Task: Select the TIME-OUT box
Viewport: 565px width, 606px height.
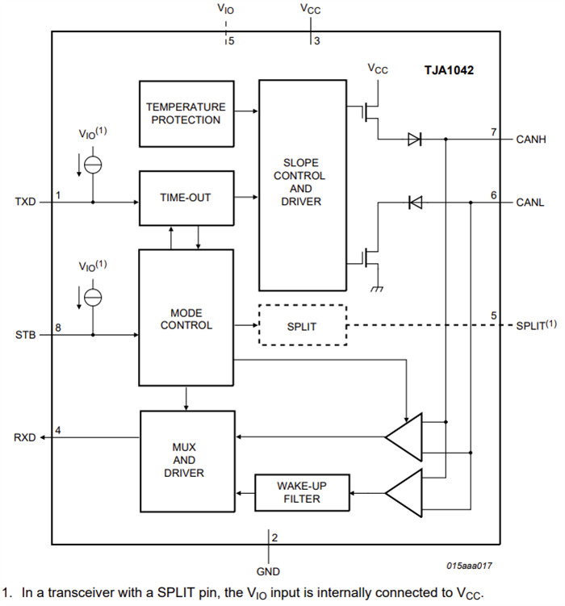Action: point(186,198)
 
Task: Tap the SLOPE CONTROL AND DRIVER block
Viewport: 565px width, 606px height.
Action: point(301,185)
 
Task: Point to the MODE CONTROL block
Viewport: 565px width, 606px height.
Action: point(186,319)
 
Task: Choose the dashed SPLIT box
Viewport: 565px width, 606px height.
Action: point(302,325)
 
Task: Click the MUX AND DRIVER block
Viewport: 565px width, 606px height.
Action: point(186,459)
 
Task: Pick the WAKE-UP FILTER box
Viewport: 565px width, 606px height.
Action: point(302,492)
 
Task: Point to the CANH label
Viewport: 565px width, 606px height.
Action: point(531,140)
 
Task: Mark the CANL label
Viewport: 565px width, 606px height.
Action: point(531,203)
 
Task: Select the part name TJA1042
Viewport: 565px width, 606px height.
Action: point(449,70)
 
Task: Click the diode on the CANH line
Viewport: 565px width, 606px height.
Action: point(414,140)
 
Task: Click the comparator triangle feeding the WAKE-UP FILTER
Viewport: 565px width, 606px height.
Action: point(404,491)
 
